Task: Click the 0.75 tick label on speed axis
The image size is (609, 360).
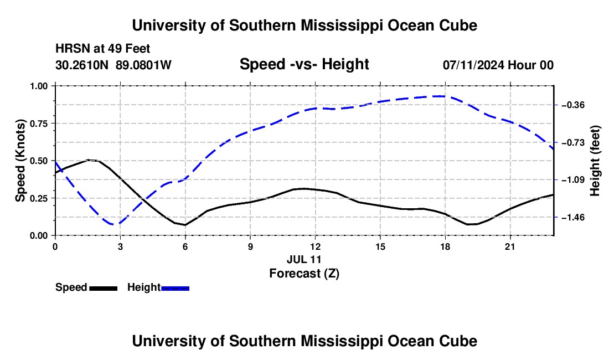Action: click(38, 124)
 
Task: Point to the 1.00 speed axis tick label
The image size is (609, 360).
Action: click(38, 86)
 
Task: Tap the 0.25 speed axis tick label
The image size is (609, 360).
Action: click(38, 198)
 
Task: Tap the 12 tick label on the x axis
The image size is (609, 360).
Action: click(316, 246)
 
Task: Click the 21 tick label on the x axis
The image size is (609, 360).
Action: click(510, 246)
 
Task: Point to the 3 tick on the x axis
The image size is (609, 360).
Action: click(120, 246)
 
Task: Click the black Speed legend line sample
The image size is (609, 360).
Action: click(104, 289)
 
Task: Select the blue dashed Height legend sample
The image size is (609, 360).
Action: click(175, 289)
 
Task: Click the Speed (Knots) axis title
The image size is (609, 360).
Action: click(20, 161)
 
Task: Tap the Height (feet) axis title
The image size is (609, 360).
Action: click(595, 161)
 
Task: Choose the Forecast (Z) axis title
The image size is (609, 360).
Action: click(304, 274)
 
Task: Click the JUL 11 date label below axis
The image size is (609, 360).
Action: click(304, 259)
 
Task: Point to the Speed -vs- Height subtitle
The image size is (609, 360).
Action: click(304, 64)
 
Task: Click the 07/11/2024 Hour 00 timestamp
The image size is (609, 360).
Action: click(498, 65)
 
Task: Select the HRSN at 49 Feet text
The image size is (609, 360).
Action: click(102, 49)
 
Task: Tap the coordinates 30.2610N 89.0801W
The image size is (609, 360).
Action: click(113, 65)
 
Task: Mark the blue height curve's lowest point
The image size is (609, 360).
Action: click(113, 224)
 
